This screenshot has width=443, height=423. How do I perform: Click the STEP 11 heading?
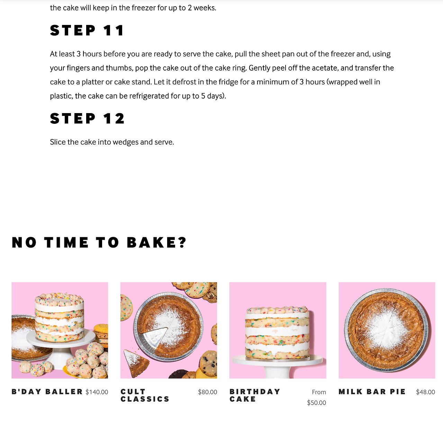coord(87,30)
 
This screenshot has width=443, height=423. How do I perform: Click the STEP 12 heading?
coord(87,119)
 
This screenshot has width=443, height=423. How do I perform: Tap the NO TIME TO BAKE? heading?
coord(99,242)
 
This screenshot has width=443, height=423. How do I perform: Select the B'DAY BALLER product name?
coord(47,392)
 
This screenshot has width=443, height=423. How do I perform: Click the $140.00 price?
coord(97,392)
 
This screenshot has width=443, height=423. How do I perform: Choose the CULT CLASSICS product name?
coord(145,395)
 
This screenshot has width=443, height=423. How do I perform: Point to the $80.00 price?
coord(207,392)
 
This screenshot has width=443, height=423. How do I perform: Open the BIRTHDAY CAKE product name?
coord(255,395)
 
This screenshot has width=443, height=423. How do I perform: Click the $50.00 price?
coord(316,403)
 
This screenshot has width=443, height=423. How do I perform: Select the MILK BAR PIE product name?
coord(372,392)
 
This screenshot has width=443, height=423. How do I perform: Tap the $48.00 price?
coord(425,392)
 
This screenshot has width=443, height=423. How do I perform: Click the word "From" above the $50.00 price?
coord(319,392)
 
